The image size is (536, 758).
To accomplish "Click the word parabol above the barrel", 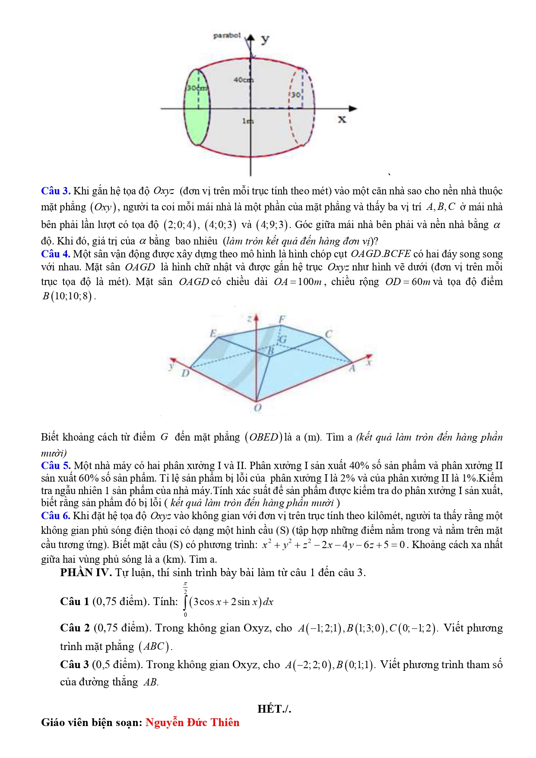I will point(227,35).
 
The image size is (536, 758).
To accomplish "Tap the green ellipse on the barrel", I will point(197,107).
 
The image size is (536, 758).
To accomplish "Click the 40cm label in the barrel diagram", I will point(243,80).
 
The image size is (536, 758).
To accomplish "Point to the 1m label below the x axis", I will point(247,121).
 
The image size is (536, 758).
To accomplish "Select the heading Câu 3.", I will point(56,191).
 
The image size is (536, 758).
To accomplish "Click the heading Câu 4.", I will point(56,254).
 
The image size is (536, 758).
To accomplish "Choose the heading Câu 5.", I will point(56,466).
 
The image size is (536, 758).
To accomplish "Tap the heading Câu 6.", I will point(56,516).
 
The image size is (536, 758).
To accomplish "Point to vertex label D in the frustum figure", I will point(185,373).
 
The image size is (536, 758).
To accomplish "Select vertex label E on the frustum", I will point(213,333).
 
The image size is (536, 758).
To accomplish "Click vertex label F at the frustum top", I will point(282,319).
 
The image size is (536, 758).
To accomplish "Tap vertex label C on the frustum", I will point(329,334).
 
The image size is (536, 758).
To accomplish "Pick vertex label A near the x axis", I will point(352,368).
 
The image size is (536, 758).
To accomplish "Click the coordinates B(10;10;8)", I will point(68,296).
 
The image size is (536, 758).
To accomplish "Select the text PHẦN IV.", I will point(86,573).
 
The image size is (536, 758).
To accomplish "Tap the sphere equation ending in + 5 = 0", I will point(333,545).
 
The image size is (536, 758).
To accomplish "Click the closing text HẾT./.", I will point(274,709).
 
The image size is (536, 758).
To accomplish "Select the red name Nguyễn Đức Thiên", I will point(192,723).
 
